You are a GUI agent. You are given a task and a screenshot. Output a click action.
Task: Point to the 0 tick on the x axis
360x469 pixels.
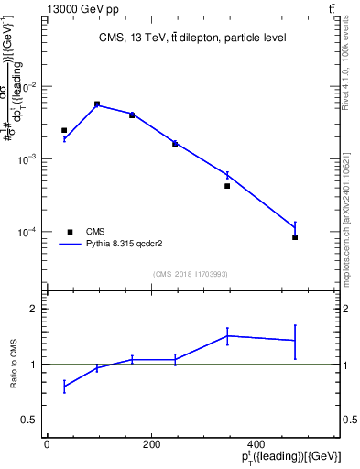[x=47, y=444]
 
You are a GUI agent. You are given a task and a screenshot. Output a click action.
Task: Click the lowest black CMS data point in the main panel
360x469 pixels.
[x=295, y=237]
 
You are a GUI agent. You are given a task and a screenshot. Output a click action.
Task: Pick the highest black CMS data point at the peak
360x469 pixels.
[x=97, y=104]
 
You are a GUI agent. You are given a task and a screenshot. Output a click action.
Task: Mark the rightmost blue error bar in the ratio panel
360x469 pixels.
[x=295, y=341]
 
